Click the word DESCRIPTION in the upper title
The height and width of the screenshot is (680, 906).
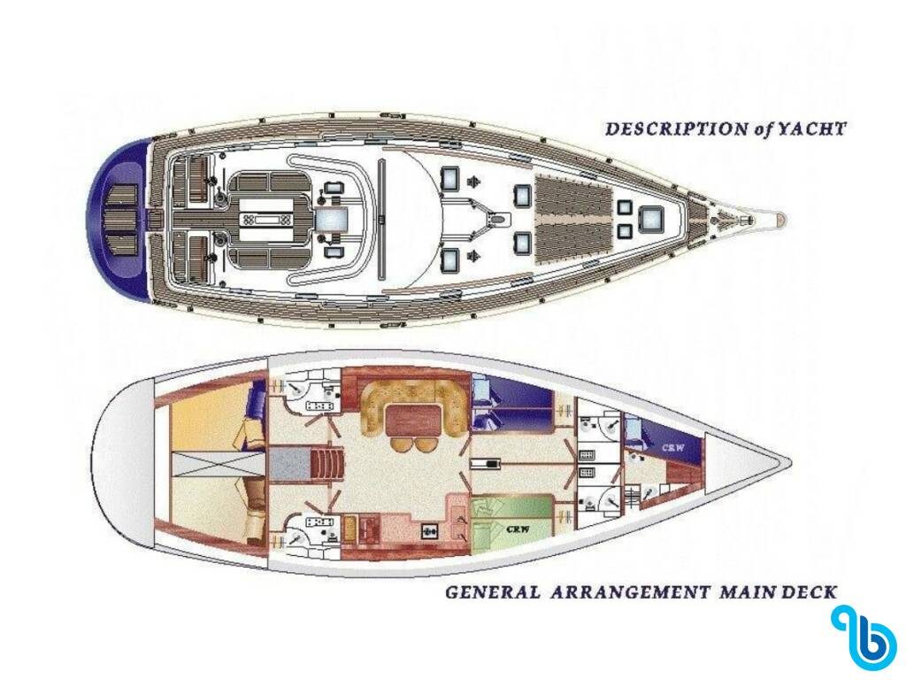tap(676, 129)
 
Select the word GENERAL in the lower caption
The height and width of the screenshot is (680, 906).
tap(492, 592)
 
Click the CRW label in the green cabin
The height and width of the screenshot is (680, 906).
tap(518, 529)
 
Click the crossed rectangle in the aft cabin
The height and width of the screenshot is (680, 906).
tap(219, 464)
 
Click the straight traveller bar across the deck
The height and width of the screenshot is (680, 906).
tap(381, 220)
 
